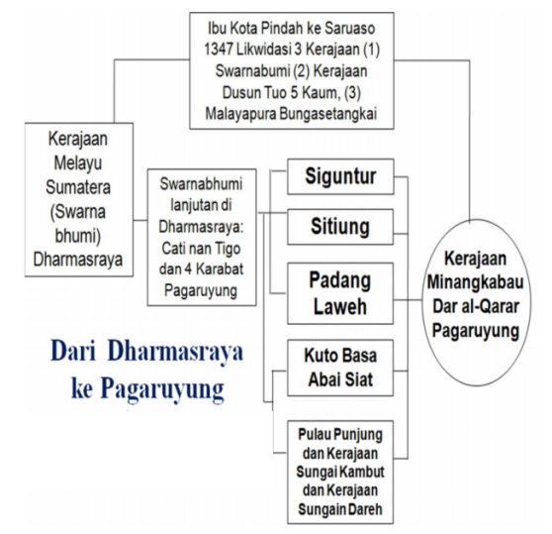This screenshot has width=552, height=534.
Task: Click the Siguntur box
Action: [x=340, y=176]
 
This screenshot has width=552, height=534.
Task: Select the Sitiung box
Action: [x=340, y=227]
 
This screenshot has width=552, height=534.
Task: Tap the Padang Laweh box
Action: [x=340, y=293]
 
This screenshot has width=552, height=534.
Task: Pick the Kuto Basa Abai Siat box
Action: [x=340, y=368]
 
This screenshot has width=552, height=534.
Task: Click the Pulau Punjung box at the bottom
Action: [x=340, y=472]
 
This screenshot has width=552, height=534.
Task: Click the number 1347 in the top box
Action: [x=218, y=50]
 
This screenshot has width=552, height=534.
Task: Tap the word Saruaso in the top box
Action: [x=349, y=28]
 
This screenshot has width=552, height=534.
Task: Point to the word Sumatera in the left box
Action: [x=78, y=187]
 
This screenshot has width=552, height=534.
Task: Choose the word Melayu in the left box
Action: [x=78, y=162]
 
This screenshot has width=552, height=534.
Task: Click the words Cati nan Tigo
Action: [x=201, y=249]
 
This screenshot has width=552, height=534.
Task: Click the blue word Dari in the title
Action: [x=73, y=352]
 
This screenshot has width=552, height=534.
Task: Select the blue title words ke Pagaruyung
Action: [x=147, y=388]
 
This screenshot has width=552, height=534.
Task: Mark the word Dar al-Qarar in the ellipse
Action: [x=476, y=306]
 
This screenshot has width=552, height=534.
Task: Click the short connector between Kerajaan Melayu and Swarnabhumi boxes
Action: [x=140, y=221]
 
